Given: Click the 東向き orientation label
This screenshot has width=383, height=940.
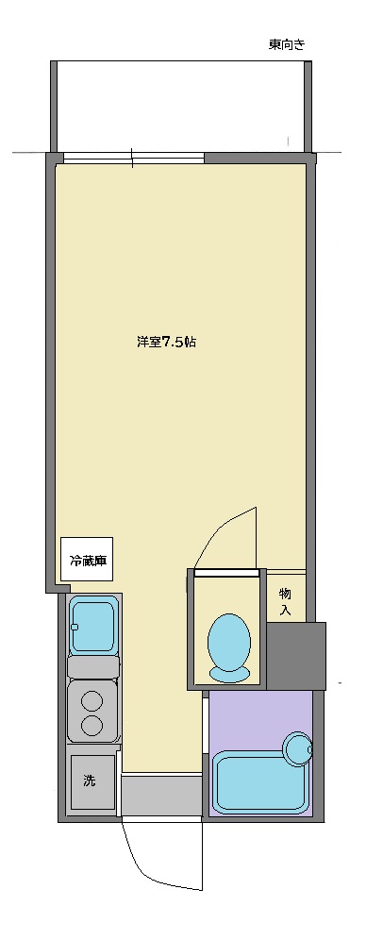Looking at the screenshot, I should (286, 44).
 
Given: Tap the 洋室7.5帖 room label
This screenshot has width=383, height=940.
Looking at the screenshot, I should (166, 343).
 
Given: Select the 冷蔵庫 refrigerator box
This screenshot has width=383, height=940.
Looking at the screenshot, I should (88, 560).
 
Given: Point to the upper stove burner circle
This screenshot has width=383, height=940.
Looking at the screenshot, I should (92, 701).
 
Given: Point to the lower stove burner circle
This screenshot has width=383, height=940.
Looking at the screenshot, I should (92, 725).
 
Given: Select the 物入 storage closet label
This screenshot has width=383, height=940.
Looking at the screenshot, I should (285, 602).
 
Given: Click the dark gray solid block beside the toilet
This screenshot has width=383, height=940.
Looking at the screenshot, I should (296, 656).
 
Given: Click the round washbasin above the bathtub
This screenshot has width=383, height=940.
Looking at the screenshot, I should (299, 749).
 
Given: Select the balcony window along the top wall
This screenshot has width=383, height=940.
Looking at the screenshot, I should (132, 158).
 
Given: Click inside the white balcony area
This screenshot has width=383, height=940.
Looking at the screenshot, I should (179, 104).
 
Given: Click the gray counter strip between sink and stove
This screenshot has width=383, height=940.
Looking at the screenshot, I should (92, 667).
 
